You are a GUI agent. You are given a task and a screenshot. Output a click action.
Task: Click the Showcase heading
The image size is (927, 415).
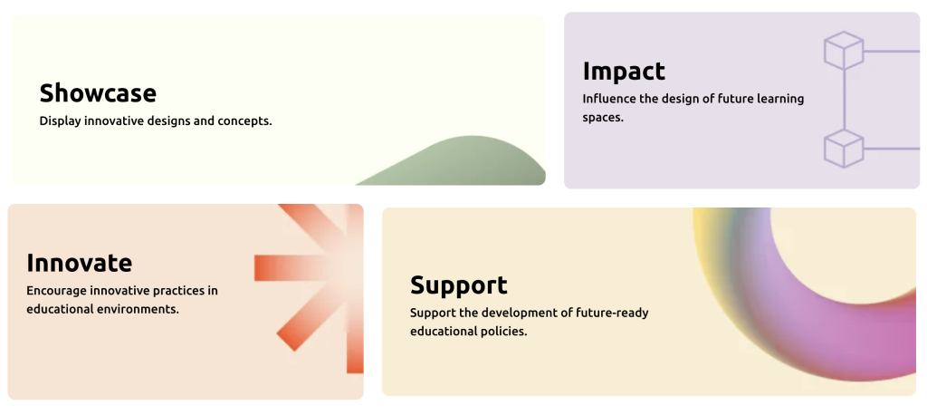(x=98, y=93)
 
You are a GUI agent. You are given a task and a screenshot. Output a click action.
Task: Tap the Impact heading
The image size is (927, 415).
(x=624, y=72)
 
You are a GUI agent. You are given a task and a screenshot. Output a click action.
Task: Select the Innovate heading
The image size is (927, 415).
(x=80, y=263)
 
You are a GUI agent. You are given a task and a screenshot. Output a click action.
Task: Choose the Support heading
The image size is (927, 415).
(x=459, y=285)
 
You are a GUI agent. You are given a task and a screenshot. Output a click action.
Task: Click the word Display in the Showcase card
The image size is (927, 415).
(x=61, y=121)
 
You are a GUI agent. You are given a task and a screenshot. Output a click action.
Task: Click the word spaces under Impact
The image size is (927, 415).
(x=603, y=118)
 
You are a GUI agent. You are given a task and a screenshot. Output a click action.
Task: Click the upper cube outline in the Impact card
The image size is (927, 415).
(x=844, y=51)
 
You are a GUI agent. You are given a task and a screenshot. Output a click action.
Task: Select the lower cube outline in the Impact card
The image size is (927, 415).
(x=844, y=149)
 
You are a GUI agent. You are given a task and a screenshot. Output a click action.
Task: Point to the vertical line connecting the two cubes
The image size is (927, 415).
(x=844, y=100)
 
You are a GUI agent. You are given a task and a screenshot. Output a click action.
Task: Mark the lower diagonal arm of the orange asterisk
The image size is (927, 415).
(x=308, y=320)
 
